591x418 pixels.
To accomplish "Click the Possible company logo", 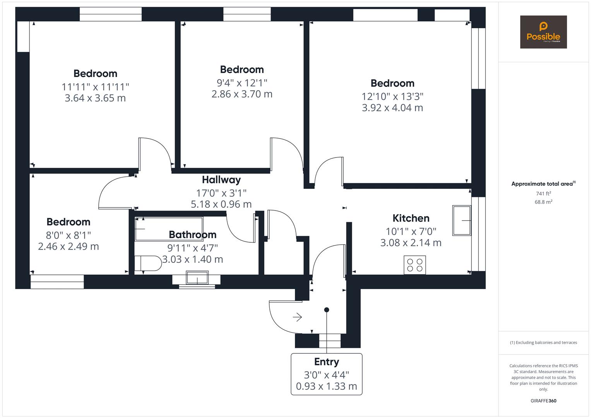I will (x=543, y=32).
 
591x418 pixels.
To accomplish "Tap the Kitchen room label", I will (x=411, y=218).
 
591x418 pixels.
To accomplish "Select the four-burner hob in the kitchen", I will (x=415, y=265).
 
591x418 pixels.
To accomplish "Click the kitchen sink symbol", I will (x=462, y=220).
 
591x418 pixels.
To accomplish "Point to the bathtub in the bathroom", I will (x=168, y=229).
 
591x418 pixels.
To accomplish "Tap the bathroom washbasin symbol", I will (x=197, y=278).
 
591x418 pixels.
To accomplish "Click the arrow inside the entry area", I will (x=297, y=317).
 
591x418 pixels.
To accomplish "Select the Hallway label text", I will (x=221, y=180).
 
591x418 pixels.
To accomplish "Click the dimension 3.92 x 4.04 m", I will (x=392, y=108).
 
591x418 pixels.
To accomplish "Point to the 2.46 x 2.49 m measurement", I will (x=69, y=247).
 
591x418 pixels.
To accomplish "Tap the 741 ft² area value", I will (x=543, y=194).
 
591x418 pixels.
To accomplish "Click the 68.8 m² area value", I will (x=543, y=202).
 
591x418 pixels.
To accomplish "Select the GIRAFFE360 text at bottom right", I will (x=543, y=401).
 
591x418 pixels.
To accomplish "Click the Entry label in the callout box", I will (x=326, y=362).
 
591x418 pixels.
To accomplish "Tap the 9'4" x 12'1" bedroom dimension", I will (x=242, y=83).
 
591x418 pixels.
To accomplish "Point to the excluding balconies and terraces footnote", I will (x=543, y=343).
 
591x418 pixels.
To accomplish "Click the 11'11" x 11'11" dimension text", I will (x=95, y=87).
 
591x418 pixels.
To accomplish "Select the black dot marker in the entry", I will (x=327, y=310).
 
